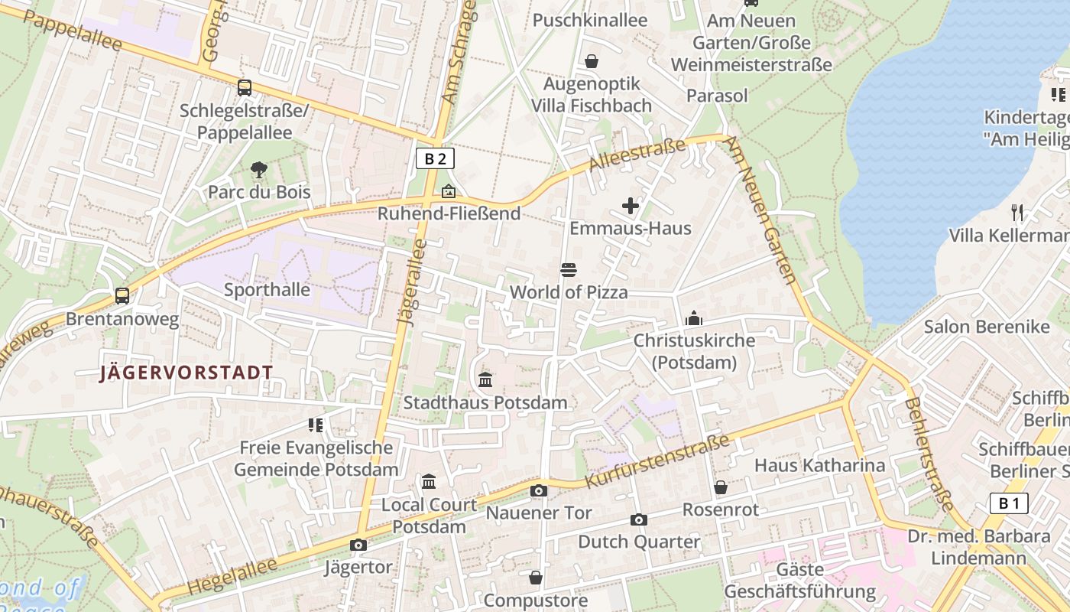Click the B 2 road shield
click(435, 158)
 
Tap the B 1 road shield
click(1009, 503)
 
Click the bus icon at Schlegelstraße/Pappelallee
click(244, 88)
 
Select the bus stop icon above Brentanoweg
click(122, 295)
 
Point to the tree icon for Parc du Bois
click(259, 169)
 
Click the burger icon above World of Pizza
click(569, 269)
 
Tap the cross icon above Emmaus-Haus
click(631, 206)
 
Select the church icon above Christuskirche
click(694, 318)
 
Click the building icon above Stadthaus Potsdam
click(485, 379)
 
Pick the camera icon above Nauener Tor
click(539, 490)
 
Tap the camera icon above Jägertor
click(358, 545)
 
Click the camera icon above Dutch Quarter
click(639, 519)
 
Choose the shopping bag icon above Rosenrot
click(720, 487)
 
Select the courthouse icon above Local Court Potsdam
click(429, 482)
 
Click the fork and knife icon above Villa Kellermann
click(1016, 212)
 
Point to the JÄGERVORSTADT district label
click(186, 373)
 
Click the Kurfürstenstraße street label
click(657, 461)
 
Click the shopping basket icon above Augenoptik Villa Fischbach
click(592, 61)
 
